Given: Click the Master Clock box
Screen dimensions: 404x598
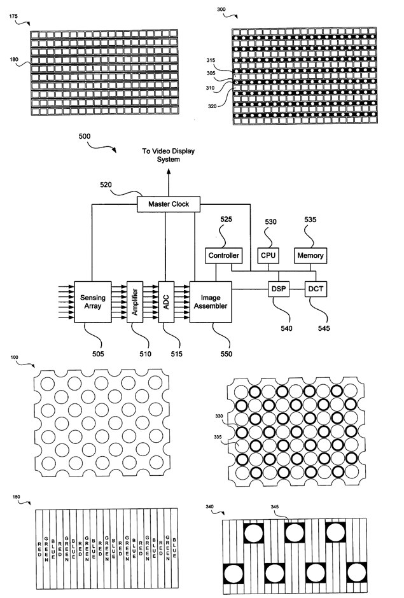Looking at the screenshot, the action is tap(169, 204).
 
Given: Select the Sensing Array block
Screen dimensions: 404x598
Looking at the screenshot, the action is tap(93, 302).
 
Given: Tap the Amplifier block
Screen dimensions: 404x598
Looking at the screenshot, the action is tap(135, 302).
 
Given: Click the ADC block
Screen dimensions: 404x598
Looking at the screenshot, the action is tap(166, 302).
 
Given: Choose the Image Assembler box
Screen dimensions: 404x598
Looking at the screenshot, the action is tap(211, 302).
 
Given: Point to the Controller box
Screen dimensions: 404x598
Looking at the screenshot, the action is tap(223, 256).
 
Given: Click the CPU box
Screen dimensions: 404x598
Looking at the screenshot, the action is tap(268, 256).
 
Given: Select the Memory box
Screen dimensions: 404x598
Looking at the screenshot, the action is tap(310, 256).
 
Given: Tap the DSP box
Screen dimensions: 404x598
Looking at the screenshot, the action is tap(279, 289).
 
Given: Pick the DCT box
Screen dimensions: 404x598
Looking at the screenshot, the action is tap(316, 289).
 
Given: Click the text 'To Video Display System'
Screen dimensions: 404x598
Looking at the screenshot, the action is tap(168, 155).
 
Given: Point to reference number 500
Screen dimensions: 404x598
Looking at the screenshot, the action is tap(85, 136).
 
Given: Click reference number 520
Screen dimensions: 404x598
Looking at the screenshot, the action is tap(106, 185).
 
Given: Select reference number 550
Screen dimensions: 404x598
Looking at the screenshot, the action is tap(226, 354).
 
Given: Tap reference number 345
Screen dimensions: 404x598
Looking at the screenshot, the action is tap(275, 507).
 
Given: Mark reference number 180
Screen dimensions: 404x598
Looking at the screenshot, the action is tap(14, 59).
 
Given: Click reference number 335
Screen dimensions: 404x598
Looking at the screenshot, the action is tap(218, 437).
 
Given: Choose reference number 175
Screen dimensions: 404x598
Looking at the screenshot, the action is tap(13, 17).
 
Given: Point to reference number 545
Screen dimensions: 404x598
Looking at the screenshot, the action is tap(324, 328).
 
